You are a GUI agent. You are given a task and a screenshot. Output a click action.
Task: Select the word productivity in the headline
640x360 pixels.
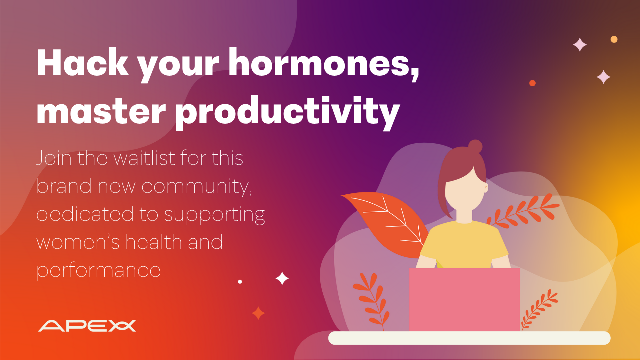[287, 113]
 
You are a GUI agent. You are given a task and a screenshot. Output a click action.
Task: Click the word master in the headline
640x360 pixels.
[101, 111]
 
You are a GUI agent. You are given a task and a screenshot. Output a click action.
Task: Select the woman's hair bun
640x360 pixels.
[475, 147]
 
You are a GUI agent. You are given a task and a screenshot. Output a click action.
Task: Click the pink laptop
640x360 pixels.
[464, 300]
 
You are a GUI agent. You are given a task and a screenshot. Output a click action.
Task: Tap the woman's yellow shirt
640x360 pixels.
[464, 245]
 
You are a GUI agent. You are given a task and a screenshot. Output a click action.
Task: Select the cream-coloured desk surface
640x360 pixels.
[469, 338]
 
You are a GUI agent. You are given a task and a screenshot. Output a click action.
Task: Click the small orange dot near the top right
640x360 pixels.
[532, 83]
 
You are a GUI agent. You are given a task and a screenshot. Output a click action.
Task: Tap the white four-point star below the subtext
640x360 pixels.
[282, 278]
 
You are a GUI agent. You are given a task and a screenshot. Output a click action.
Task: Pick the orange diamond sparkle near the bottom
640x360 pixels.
[258, 313]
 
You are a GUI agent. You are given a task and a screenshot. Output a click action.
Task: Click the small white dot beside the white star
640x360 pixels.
[240, 282]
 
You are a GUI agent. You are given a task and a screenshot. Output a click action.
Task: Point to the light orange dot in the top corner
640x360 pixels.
[614, 39]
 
